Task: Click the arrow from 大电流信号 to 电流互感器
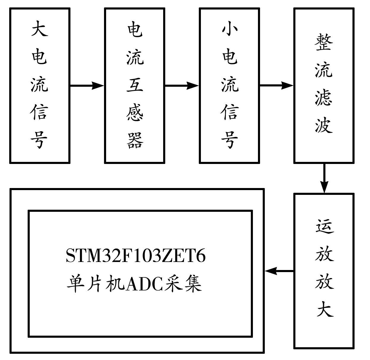(x=87, y=86)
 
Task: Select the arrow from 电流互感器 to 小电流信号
(x=182, y=86)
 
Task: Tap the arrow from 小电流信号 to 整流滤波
(x=276, y=86)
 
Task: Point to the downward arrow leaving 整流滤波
(x=324, y=178)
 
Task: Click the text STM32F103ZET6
(x=136, y=256)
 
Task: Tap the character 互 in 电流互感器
(x=135, y=85)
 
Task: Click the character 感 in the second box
(x=135, y=113)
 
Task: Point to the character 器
(x=135, y=140)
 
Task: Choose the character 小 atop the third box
(x=229, y=30)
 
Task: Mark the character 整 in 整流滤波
(x=324, y=42)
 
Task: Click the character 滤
(x=324, y=97)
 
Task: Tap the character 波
(x=324, y=125)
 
